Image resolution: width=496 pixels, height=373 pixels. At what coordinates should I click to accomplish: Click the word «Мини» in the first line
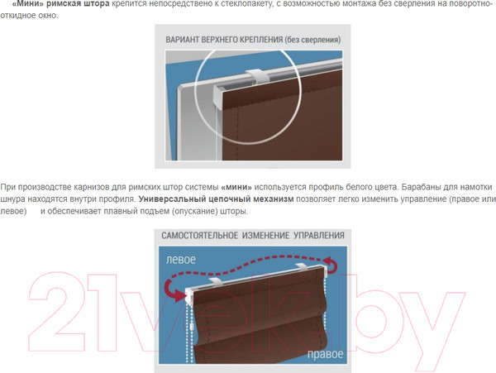tap(28, 4)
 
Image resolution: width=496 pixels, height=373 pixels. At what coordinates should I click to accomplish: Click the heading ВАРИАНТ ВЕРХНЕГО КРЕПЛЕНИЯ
tap(224, 40)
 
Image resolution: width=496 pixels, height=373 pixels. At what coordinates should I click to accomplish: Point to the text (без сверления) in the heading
tap(312, 40)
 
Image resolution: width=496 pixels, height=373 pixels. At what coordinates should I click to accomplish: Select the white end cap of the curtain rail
tap(218, 93)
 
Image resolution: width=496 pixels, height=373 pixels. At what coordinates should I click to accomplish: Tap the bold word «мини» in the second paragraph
tap(236, 187)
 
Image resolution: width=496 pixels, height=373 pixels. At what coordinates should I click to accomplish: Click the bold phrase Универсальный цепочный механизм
tap(216, 199)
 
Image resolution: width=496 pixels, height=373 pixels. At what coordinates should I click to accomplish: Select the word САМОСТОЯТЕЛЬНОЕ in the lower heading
tap(199, 236)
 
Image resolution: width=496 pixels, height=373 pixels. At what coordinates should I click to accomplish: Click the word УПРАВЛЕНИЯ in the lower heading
tap(319, 236)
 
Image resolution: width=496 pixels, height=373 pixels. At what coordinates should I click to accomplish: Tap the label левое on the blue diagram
tap(181, 260)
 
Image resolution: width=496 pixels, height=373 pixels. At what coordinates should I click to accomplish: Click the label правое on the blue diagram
tap(326, 354)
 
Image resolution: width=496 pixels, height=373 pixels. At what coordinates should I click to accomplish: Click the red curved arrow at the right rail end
tap(331, 265)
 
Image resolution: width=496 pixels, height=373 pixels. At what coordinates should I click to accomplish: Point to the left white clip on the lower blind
tap(215, 282)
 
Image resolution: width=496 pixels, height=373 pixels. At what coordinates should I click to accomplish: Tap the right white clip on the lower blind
tap(302, 267)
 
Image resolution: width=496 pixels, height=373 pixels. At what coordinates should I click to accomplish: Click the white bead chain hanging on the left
tap(190, 332)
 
